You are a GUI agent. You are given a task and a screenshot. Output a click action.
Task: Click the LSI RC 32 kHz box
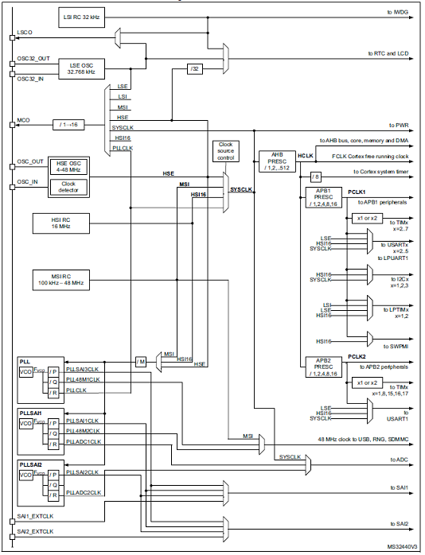[x=81, y=17]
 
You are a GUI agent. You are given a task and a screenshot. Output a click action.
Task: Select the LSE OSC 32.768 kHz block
[x=81, y=68]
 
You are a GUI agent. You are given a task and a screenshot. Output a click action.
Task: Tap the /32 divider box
[x=195, y=68]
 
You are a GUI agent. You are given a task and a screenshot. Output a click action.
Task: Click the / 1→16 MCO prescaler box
[x=68, y=125]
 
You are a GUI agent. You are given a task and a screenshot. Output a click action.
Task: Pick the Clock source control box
[x=225, y=151]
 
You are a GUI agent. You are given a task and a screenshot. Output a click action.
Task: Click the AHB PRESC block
[x=277, y=161]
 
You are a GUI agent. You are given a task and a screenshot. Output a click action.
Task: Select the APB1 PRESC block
[x=324, y=197]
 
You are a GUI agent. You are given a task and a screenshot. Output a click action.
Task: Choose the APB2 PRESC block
[x=324, y=367]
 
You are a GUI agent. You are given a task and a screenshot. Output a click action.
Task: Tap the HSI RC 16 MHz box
[x=61, y=223]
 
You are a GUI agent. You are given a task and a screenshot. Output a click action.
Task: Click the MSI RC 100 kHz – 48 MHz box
[x=61, y=280]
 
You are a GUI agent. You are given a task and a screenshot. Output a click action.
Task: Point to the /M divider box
[x=141, y=362]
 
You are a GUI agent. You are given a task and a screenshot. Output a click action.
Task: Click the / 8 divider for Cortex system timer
[x=315, y=177]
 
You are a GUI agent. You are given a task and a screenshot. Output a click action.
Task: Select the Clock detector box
[x=68, y=187]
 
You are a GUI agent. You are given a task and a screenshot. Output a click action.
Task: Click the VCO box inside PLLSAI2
[x=25, y=475]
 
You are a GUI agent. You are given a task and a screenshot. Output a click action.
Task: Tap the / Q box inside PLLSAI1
[x=53, y=433]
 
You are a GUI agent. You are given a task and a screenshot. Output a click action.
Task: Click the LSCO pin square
[x=13, y=37]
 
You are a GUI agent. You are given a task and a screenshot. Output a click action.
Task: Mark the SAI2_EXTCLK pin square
[x=13, y=537]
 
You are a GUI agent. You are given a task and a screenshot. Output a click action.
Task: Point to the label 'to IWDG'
[x=397, y=12]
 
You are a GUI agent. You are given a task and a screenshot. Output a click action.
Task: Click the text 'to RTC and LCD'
[x=388, y=53]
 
